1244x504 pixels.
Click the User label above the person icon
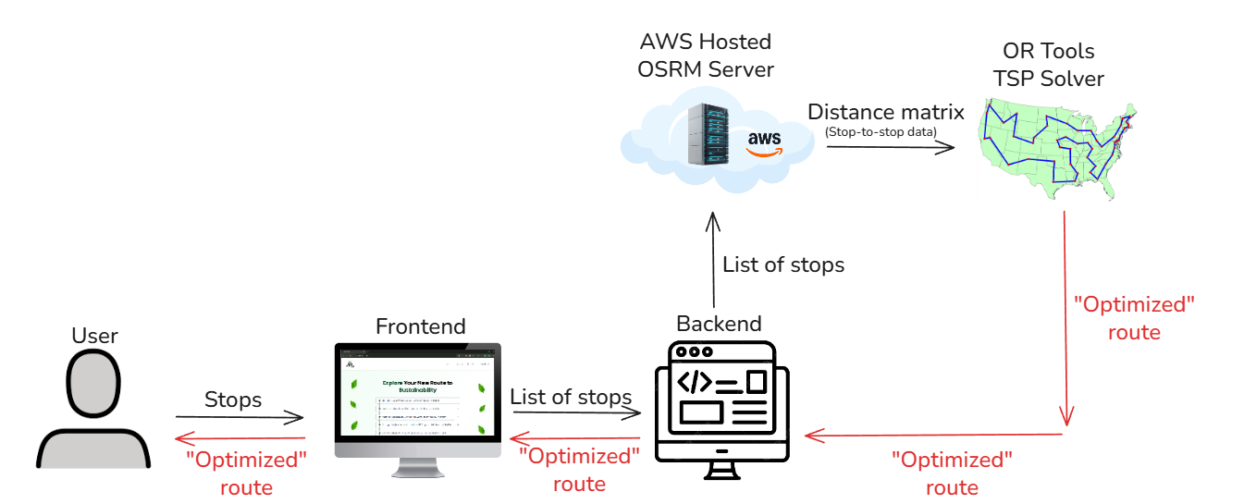pos(94,335)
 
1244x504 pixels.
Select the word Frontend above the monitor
pos(420,326)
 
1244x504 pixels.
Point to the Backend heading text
pos(719,324)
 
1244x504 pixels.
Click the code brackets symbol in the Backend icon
pos(695,381)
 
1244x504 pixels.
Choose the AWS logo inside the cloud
pos(765,142)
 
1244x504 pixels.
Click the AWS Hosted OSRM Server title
pos(707,55)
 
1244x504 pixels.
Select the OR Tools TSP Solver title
pos(1049,65)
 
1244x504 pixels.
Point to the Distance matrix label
pos(885,113)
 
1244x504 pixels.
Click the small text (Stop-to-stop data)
pos(880,132)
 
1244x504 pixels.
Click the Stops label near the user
pos(232,400)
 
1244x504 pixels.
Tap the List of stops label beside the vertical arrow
pos(783,265)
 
